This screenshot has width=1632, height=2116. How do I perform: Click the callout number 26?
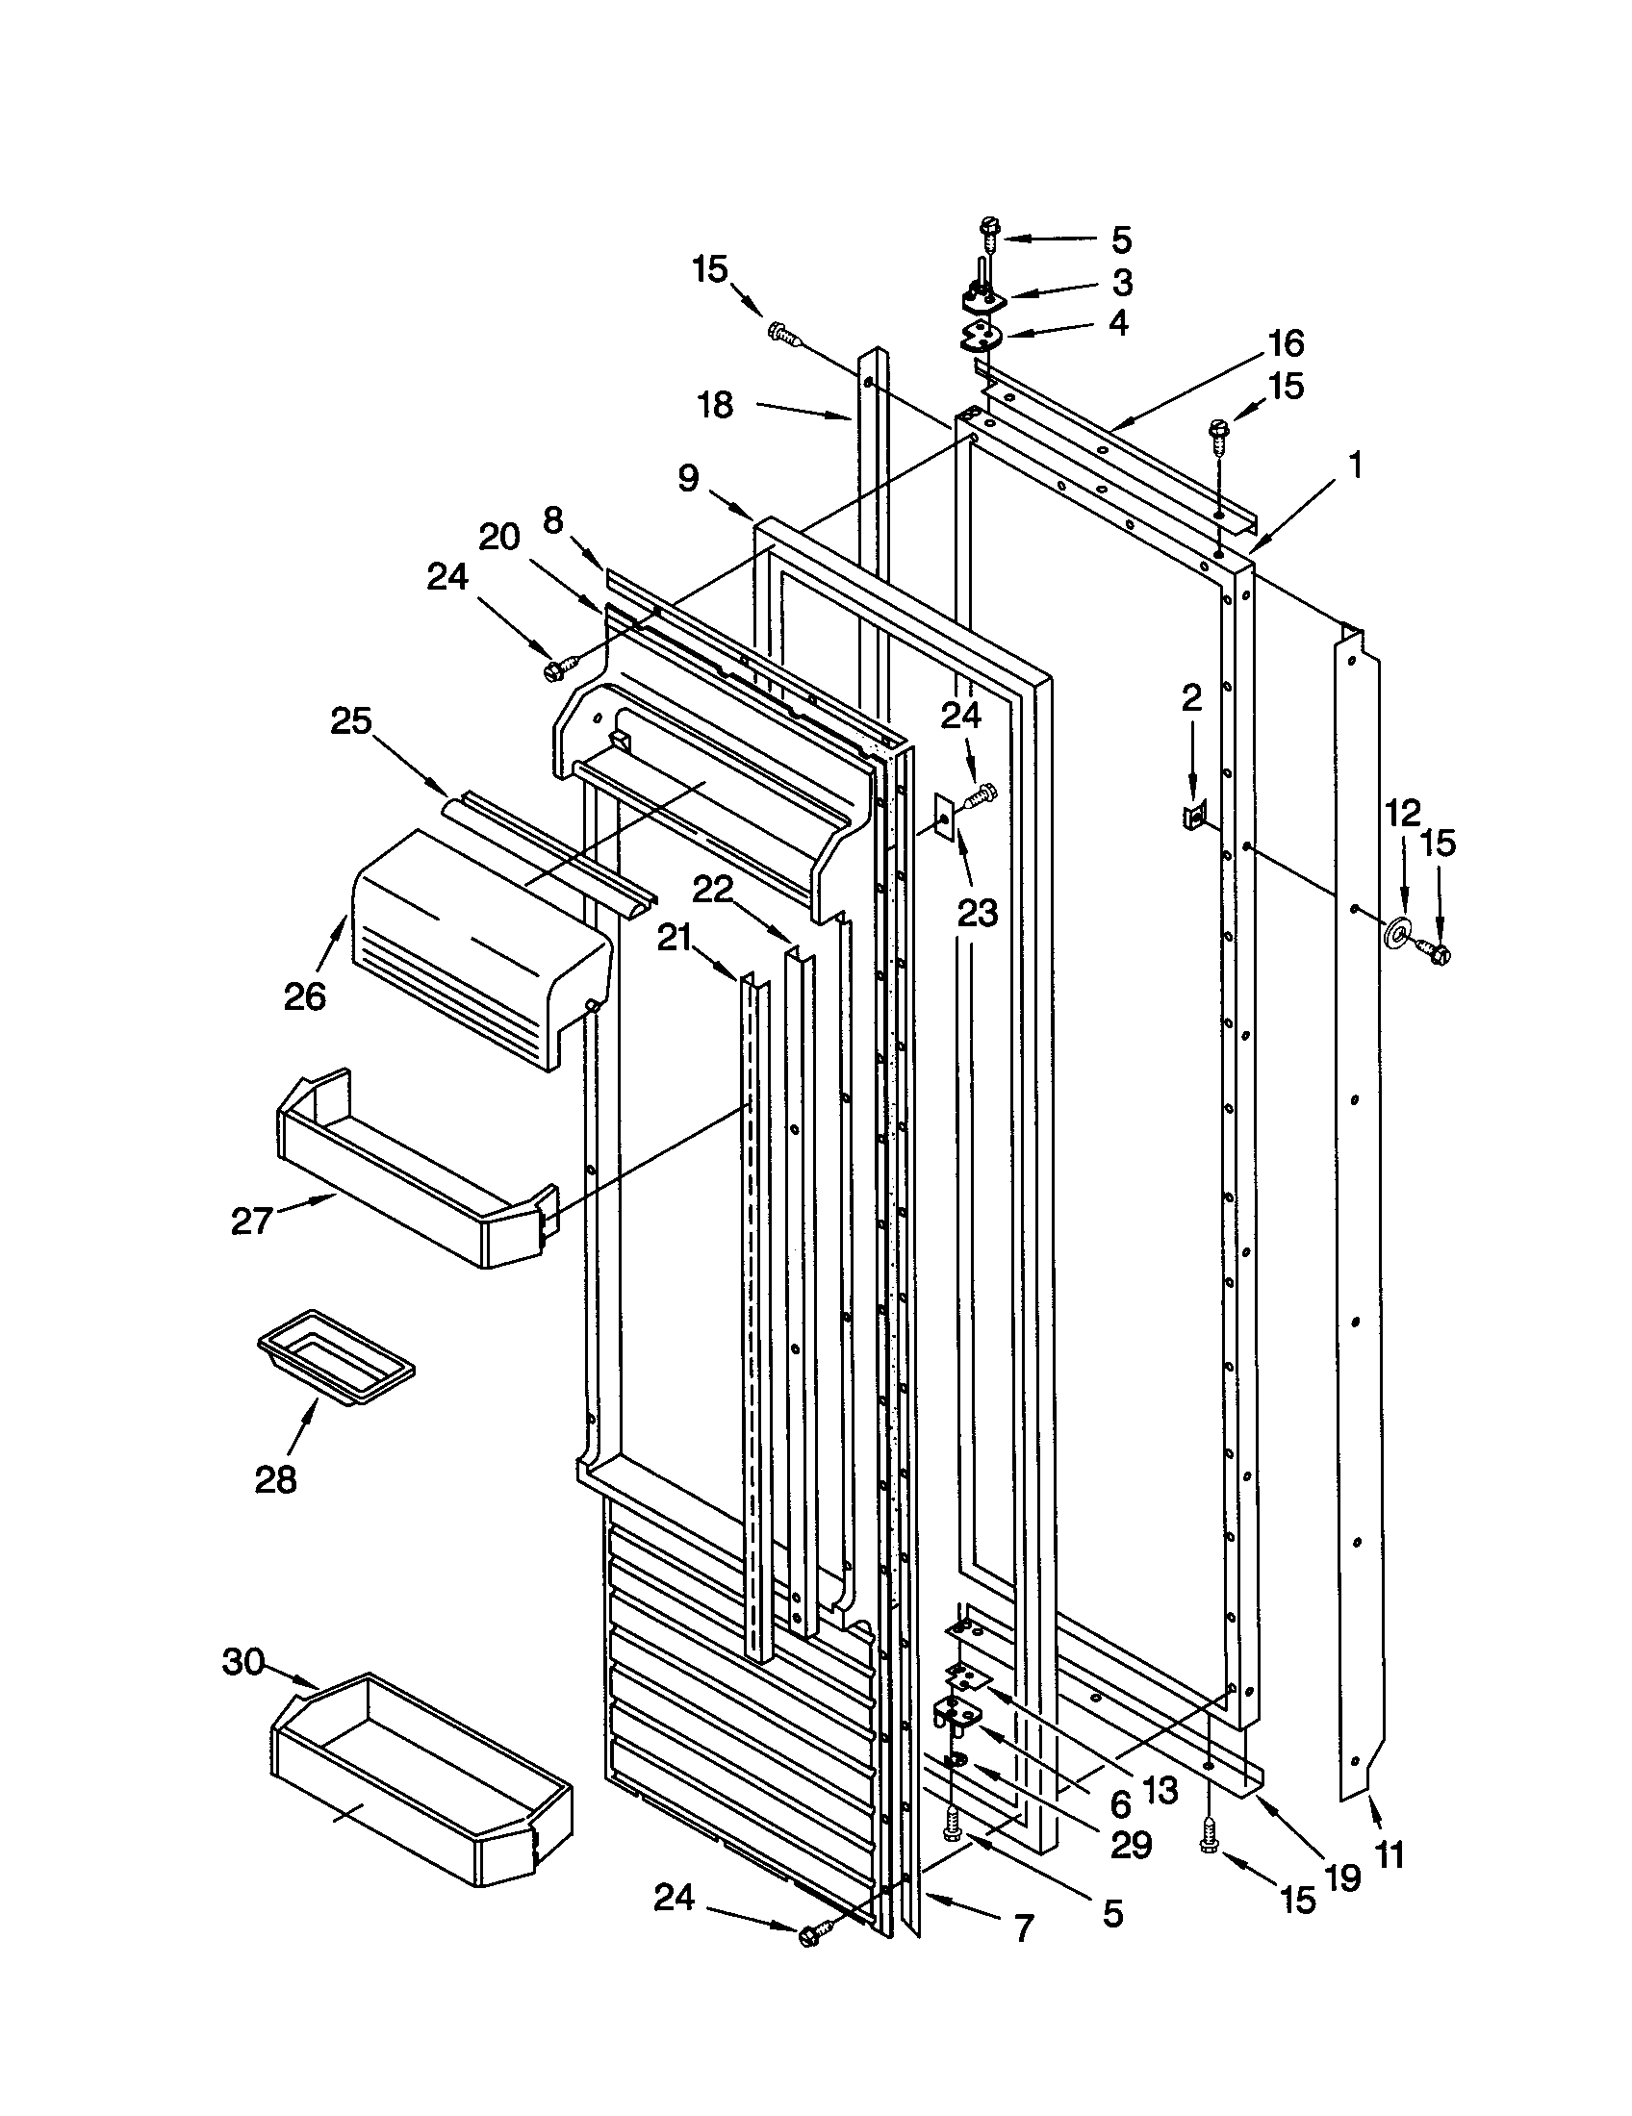point(303,996)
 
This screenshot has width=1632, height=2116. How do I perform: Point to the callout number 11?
point(1389,1853)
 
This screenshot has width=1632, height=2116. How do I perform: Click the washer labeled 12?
point(1396,932)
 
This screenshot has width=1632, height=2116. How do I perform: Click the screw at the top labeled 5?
point(989,231)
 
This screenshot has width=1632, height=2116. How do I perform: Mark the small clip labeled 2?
point(1191,819)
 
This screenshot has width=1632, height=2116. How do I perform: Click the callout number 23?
point(977,912)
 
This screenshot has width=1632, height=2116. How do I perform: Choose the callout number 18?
point(715,405)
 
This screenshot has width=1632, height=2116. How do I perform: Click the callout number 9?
point(688,478)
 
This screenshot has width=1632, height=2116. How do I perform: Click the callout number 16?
point(1286,343)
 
